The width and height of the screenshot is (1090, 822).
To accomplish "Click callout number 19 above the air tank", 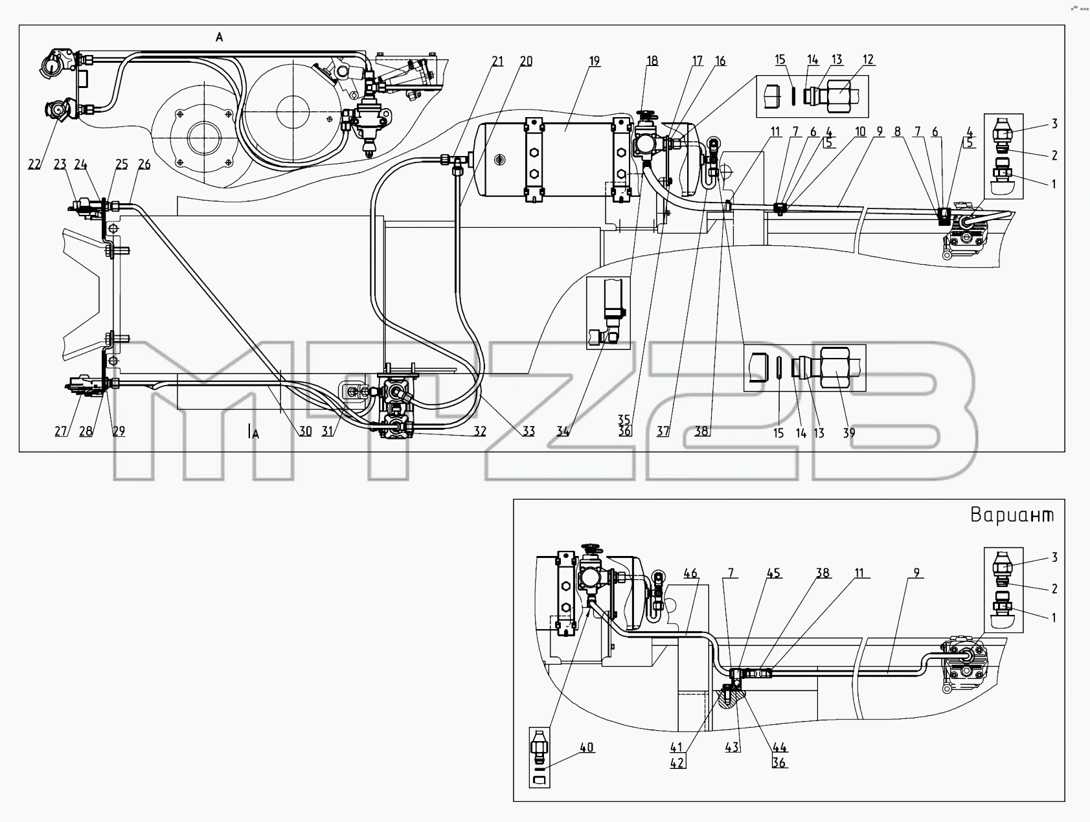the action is coord(594,61).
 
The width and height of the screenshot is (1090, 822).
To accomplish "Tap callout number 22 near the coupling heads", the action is coord(34,164).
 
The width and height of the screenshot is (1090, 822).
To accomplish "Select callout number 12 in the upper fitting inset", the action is coord(868,60).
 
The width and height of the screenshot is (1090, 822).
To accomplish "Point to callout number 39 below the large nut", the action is coord(848,433).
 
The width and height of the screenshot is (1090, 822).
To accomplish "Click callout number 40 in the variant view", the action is coord(587,748).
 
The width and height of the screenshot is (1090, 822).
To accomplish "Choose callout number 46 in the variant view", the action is coord(691,573).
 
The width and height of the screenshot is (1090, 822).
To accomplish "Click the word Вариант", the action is coord(1012,515).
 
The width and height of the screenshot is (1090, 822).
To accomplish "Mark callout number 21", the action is coord(497,61).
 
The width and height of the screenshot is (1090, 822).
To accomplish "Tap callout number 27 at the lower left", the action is coord(61,431).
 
